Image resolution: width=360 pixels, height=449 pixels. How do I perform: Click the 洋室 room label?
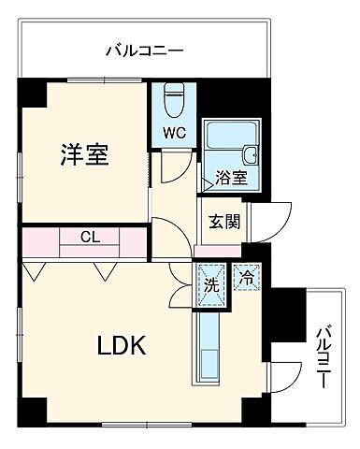(x=85, y=155)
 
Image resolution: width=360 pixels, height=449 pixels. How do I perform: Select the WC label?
(x=175, y=133)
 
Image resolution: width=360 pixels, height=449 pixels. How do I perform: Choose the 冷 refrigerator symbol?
(x=247, y=278)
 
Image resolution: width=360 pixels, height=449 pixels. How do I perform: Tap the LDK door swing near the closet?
(x=180, y=282)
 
